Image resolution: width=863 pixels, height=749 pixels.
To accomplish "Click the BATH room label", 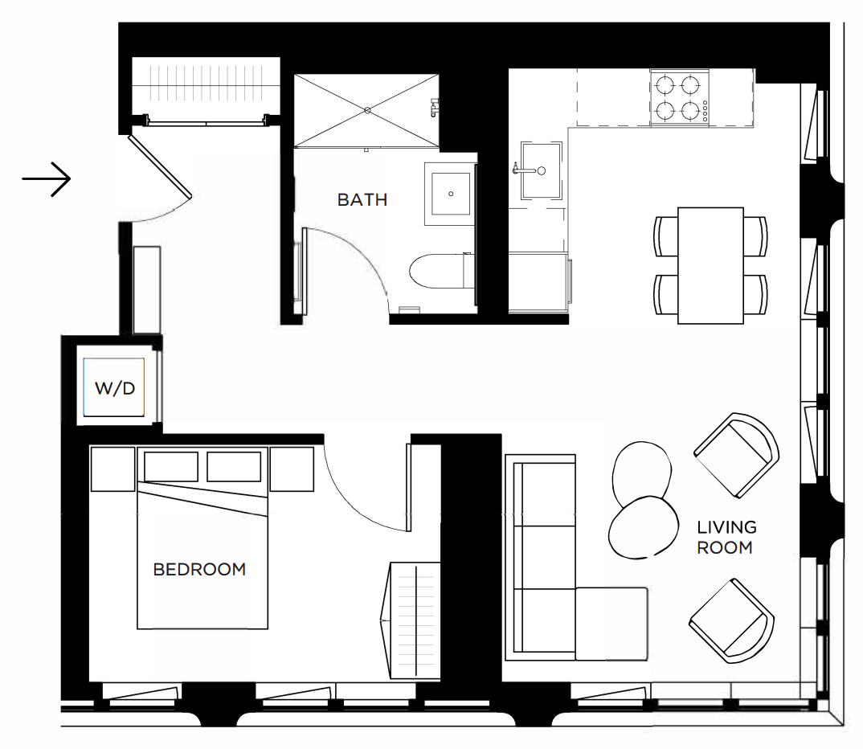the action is tap(362, 199).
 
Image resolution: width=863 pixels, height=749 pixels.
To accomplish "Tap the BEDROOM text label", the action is tap(199, 569).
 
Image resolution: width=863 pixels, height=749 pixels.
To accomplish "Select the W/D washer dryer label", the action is tap(114, 388).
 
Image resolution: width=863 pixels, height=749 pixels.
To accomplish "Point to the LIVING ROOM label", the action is tap(726, 537).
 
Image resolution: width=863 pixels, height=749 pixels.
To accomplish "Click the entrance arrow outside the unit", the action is tap(47, 179).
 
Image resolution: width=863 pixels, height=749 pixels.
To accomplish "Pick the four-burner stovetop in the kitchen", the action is tap(679, 98).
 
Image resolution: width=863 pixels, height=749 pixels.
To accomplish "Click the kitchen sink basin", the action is tap(542, 170).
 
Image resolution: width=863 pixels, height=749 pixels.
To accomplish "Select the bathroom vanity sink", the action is tap(451, 194).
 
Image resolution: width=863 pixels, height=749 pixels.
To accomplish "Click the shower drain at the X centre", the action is tap(367, 111).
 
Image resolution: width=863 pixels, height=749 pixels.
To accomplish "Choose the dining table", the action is tap(710, 265).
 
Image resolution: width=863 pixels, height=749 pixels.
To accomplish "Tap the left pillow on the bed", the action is tap(171, 467).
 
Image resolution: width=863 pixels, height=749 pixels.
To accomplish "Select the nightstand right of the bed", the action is tap(292, 469).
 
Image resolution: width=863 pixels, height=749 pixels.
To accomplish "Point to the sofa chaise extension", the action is tap(611, 624).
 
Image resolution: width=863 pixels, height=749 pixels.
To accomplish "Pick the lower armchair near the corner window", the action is tap(731, 620).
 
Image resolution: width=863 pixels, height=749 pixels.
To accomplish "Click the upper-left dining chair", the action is tap(666, 236).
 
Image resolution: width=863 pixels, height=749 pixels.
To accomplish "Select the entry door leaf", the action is tap(160, 166).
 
